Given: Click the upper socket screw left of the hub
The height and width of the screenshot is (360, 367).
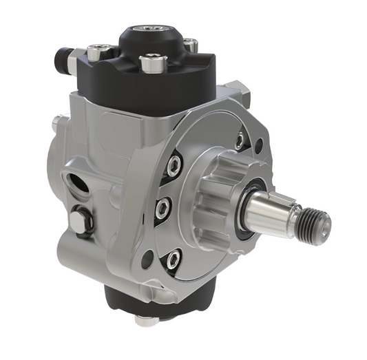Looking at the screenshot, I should click(175, 165).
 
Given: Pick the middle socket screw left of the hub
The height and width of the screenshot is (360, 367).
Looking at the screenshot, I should click(162, 207).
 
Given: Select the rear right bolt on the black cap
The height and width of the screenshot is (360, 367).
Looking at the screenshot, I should click(191, 45).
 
